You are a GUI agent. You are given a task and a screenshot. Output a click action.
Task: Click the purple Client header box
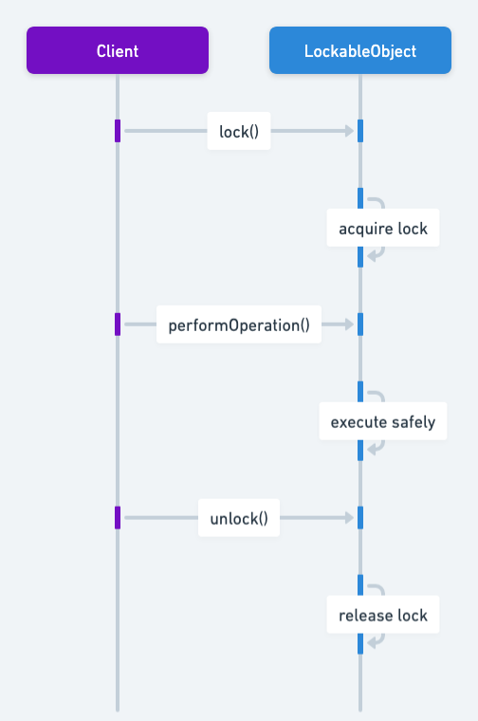(x=118, y=50)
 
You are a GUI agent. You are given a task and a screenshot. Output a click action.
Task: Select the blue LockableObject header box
(x=360, y=50)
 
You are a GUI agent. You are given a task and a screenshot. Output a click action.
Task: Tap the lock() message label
(x=239, y=132)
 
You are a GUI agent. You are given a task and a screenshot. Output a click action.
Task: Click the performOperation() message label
(x=239, y=325)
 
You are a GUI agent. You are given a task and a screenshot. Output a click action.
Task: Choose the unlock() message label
(x=239, y=519)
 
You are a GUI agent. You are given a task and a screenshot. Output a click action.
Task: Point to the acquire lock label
(x=383, y=229)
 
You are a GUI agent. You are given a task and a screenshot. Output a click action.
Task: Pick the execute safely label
(x=383, y=422)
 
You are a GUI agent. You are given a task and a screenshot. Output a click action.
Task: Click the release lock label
(x=383, y=616)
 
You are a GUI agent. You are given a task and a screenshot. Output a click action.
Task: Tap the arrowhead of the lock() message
(x=349, y=131)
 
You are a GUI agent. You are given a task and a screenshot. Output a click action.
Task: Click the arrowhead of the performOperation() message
(x=349, y=324)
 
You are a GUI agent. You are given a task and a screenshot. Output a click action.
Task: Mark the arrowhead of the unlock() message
(x=349, y=518)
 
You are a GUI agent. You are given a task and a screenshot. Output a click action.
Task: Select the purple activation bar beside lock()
(x=118, y=131)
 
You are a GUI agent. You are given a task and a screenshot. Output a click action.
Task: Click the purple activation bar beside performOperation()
(x=118, y=324)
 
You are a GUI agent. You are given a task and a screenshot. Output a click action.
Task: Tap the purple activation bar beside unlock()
(x=118, y=518)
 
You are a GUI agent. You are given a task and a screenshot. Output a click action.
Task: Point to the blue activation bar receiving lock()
(x=360, y=131)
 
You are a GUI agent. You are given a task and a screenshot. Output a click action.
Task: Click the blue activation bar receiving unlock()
(x=360, y=518)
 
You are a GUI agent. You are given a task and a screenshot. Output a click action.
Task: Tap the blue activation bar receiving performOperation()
(x=360, y=324)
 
